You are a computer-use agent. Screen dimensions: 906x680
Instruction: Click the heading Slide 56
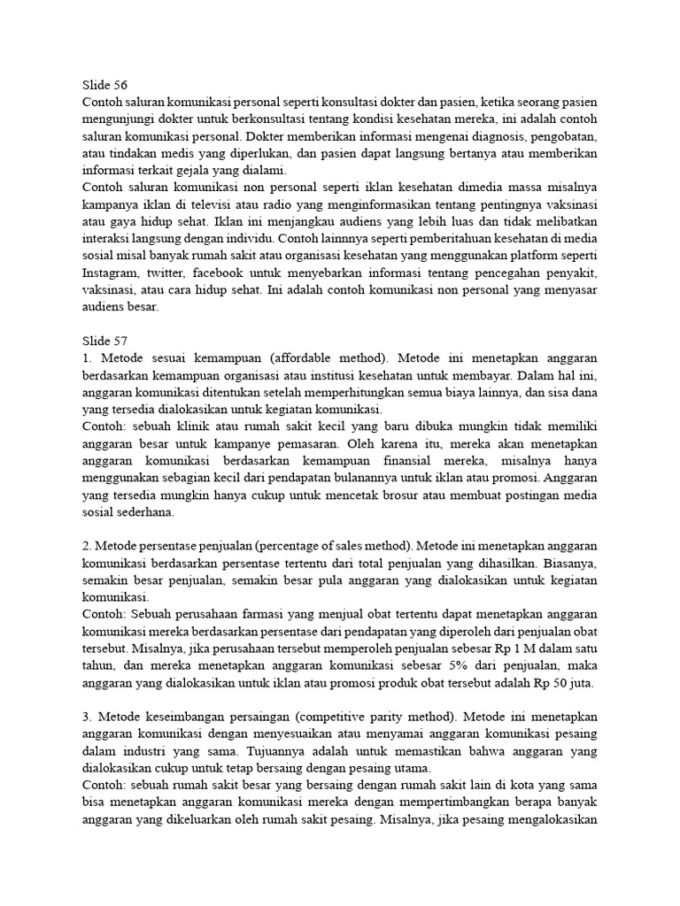point(104,86)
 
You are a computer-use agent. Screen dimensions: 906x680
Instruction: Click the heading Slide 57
point(104,341)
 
